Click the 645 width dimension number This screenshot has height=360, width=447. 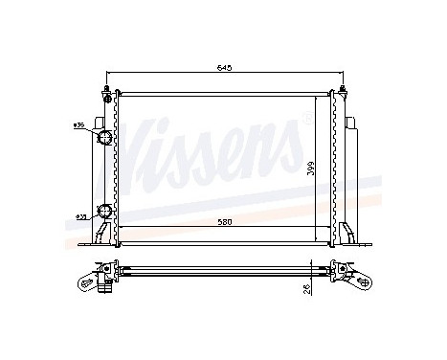coord(221,69)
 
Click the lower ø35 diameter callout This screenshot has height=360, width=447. coord(82,217)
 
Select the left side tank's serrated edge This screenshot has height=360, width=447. coord(115,163)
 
